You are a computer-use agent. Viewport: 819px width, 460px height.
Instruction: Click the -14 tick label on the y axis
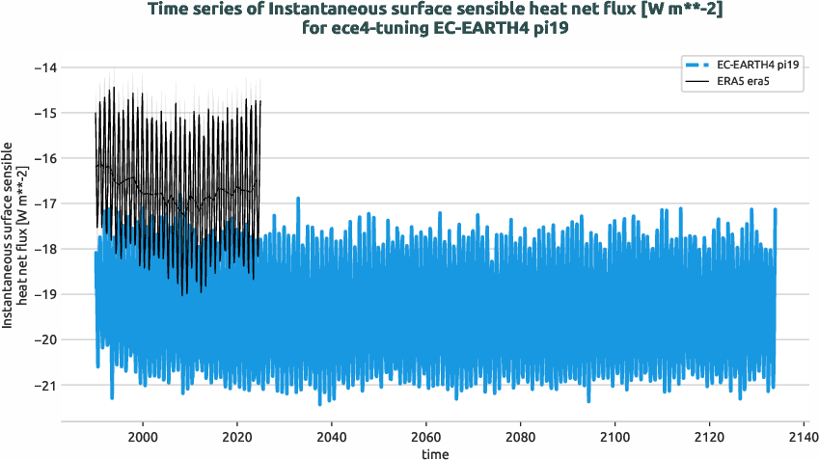point(44,68)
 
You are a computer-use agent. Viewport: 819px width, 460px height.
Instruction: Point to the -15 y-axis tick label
point(44,113)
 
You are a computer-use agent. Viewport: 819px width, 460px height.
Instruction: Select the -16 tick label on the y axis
point(44,158)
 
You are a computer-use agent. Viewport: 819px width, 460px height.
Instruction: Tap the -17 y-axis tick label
point(44,203)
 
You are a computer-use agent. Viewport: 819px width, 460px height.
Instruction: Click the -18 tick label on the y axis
point(44,249)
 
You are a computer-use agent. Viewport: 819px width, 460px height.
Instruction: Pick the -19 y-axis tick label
point(44,294)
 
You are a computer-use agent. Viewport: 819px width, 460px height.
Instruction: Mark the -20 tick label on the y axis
point(44,339)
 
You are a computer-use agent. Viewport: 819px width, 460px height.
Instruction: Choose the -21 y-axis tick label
point(44,385)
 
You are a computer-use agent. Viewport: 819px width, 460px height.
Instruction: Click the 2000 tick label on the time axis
point(143,437)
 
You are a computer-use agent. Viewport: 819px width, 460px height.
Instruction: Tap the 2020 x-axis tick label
point(237,437)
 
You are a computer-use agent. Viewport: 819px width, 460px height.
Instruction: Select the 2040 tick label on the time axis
point(332,437)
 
